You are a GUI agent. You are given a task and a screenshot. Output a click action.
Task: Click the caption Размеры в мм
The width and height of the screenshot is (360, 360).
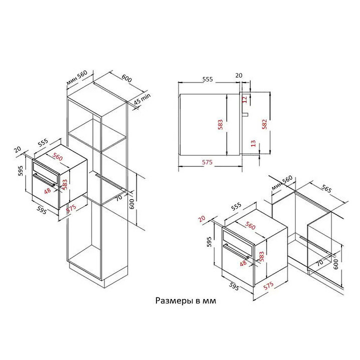pos(185,300)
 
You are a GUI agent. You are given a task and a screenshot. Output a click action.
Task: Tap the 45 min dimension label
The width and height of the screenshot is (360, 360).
pos(142,99)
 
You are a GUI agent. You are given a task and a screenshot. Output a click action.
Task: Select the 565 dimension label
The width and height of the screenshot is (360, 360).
pos(326,188)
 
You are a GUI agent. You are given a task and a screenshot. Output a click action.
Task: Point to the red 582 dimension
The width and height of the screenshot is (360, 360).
pos(264,124)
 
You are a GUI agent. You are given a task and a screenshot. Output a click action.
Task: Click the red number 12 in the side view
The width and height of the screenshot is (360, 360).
pos(244,99)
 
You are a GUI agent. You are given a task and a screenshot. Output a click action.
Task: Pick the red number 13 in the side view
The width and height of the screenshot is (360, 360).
pos(253,143)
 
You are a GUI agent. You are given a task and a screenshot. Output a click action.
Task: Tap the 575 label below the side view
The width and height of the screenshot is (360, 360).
pos(207,162)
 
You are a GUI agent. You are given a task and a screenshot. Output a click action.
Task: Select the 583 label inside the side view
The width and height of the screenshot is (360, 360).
pos(220,124)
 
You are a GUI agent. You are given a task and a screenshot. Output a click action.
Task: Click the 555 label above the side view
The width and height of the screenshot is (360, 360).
pos(207,79)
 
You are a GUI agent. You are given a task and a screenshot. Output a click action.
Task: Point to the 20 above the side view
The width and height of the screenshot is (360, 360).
pos(239,75)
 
